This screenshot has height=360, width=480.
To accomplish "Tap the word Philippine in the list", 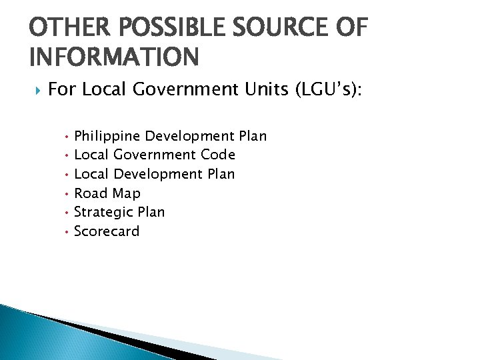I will coord(107,137).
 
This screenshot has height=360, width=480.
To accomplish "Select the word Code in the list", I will coord(217,155).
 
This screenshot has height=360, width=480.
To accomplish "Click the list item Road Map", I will coord(107,193).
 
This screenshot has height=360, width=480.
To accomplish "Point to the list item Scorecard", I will coord(107,231).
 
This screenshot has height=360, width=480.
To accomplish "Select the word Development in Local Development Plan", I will coord(160,174).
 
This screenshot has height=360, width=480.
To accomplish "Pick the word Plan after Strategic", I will coord(151,212).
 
